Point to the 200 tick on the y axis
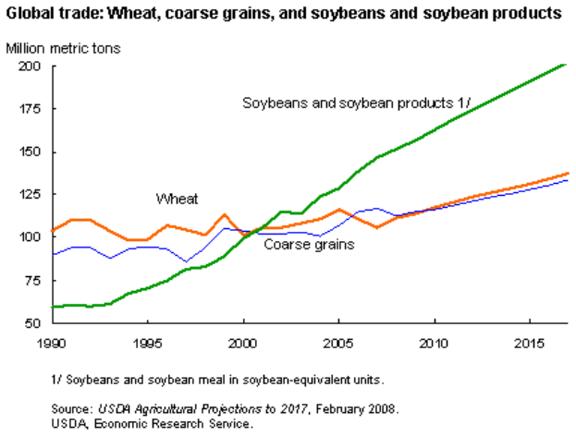tap(30, 67)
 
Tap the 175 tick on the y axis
tap(30, 109)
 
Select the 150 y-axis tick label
tap(30, 151)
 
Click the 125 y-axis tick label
tap(30, 194)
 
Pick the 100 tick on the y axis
tap(30, 237)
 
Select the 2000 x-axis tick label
tap(243, 343)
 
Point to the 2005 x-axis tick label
tap(338, 343)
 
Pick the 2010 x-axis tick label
tap(434, 343)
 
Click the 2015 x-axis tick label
tap(529, 343)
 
